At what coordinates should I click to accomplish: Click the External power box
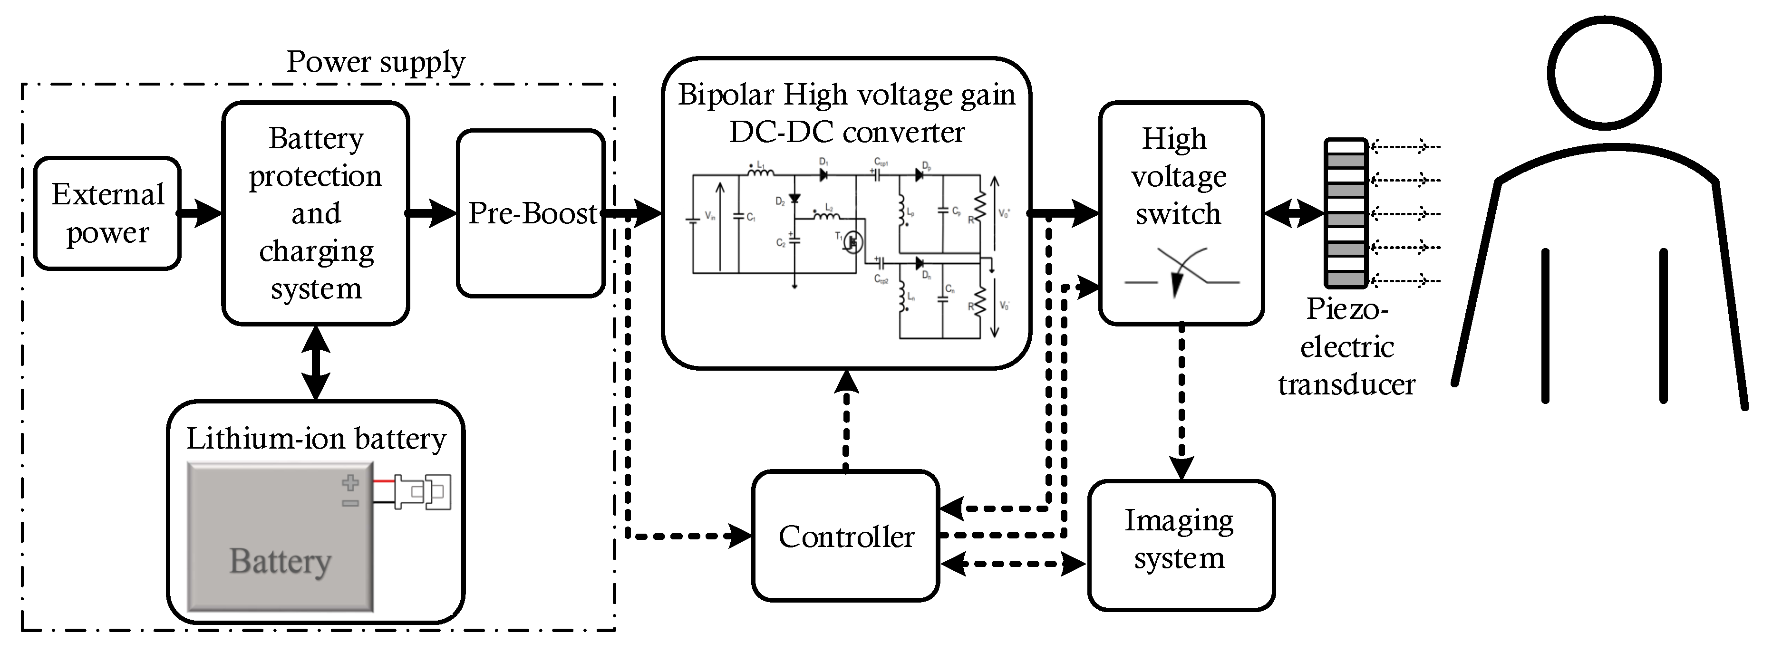click(x=107, y=213)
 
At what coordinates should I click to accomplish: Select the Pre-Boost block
click(x=530, y=213)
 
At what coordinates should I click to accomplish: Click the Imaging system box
click(x=1181, y=545)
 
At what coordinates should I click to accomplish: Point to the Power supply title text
click(x=376, y=62)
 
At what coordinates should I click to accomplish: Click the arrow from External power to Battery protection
click(x=201, y=213)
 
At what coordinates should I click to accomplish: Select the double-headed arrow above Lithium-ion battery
click(x=316, y=363)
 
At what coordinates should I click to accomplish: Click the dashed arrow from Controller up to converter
click(x=845, y=420)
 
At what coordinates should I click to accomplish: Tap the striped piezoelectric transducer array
click(x=1346, y=213)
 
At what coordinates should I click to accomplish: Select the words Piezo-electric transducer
click(x=1346, y=346)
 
